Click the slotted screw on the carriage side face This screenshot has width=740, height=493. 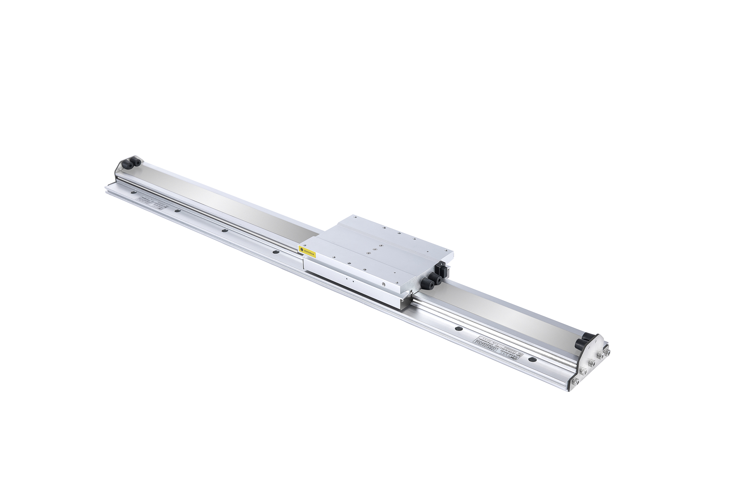click(384, 284)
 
